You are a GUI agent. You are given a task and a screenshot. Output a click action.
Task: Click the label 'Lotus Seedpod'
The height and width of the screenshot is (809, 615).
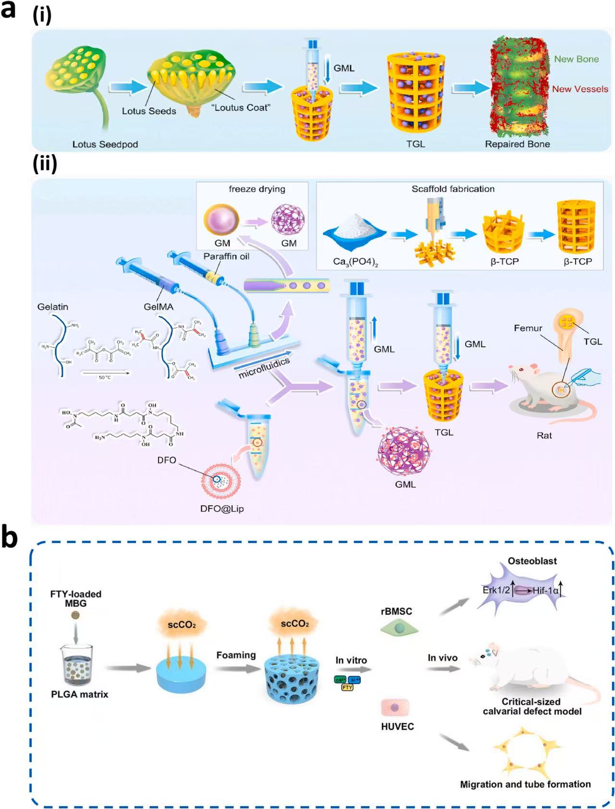coord(105,144)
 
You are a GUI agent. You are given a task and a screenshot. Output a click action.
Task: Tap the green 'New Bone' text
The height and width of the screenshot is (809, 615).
coord(576,59)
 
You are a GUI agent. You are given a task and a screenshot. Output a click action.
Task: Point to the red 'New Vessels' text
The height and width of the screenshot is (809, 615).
coord(579,89)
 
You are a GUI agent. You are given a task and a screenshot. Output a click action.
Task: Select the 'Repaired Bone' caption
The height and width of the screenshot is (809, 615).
coord(517,144)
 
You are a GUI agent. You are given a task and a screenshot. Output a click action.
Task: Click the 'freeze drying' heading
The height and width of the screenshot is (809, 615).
coord(257,189)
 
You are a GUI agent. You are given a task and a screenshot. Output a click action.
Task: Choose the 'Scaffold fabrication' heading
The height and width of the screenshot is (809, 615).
coord(453,189)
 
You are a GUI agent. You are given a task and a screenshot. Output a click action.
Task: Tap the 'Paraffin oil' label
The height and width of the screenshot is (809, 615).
coord(226,256)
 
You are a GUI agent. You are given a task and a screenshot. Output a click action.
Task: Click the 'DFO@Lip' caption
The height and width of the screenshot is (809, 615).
coord(222,508)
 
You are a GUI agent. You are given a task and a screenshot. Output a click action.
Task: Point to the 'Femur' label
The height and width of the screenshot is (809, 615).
coord(528,328)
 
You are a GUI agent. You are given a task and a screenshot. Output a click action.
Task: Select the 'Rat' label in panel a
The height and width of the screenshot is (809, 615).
coord(544,435)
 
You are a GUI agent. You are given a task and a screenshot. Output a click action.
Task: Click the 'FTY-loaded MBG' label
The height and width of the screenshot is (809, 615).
coord(76,598)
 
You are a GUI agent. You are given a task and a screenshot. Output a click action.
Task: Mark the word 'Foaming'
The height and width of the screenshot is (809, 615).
coord(235,655)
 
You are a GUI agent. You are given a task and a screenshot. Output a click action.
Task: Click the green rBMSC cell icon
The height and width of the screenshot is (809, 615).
coord(399,628)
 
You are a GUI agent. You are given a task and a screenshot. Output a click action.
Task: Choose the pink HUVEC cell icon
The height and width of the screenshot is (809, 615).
coord(395,707)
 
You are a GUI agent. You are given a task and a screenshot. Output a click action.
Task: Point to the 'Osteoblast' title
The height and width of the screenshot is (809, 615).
coord(532,561)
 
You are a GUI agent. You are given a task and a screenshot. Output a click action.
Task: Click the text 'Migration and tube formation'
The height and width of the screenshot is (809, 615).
coord(525,784)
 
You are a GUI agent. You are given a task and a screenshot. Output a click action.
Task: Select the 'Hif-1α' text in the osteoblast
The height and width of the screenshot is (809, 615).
coord(545,591)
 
